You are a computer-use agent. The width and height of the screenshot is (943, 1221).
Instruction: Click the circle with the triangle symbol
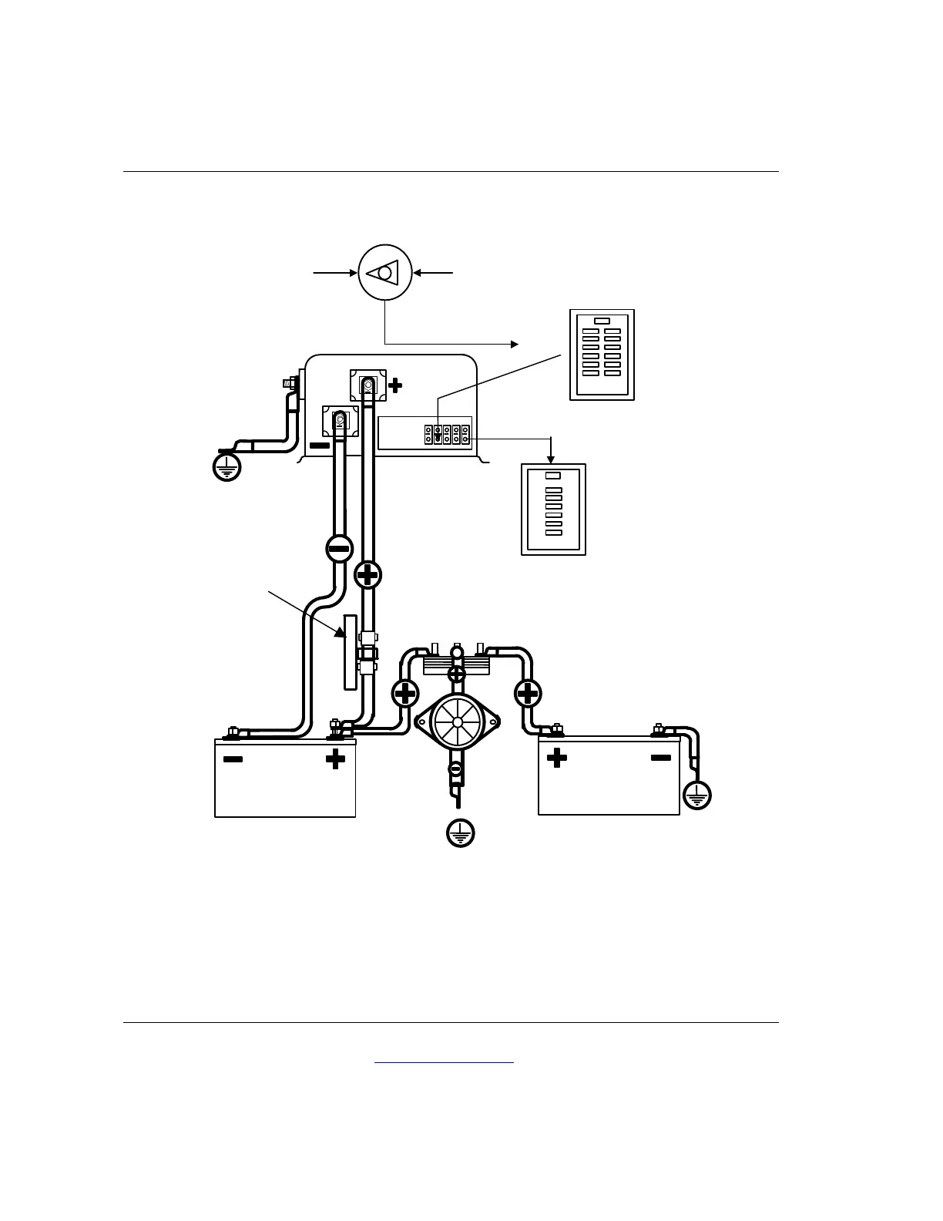point(385,273)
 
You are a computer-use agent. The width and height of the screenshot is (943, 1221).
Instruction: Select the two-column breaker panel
point(602,355)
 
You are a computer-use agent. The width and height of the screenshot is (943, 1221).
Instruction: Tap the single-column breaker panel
point(554,509)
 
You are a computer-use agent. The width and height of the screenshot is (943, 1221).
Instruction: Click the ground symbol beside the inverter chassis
point(227,466)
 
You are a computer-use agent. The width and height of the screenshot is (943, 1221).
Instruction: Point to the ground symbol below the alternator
point(460,832)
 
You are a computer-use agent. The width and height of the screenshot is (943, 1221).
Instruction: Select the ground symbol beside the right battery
point(697,795)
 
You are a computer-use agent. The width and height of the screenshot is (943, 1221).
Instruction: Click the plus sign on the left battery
point(335,759)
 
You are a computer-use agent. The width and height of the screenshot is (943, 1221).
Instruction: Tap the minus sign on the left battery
point(233,759)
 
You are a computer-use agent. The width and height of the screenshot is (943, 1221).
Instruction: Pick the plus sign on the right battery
point(556,758)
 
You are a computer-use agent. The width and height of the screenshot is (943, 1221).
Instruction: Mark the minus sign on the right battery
point(661,758)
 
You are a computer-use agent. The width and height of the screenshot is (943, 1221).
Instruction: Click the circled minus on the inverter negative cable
point(339,548)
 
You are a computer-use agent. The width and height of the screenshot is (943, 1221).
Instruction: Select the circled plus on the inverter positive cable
point(368,574)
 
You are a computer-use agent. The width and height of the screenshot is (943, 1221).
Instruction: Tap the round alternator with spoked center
point(458,722)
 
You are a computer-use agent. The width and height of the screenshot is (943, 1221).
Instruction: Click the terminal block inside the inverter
point(447,434)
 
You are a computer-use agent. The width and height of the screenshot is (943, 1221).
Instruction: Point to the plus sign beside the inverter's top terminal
point(395,385)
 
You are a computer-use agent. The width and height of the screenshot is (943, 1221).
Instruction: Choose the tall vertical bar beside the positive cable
point(350,651)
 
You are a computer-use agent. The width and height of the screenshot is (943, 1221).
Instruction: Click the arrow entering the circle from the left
point(334,273)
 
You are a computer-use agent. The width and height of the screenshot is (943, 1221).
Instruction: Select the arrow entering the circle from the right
point(434,273)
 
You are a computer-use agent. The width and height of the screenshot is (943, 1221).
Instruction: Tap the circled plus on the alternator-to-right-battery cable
point(528,694)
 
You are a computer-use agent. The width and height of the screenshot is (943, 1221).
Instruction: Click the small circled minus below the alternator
point(455,769)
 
